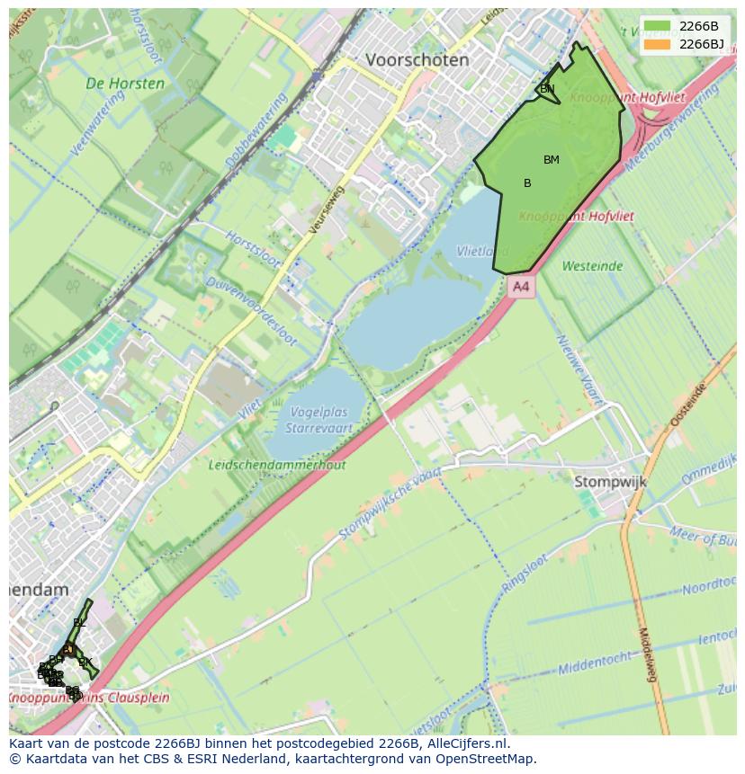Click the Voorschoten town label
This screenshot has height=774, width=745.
417,60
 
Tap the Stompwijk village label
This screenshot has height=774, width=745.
610,483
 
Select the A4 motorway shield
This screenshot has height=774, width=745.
519,287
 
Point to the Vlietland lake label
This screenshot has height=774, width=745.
477,252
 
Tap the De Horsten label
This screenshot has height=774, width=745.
125,84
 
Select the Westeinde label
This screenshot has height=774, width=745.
592,266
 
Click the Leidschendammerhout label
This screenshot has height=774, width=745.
276,465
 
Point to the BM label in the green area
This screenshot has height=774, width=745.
552,160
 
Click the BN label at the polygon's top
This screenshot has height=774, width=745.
547,89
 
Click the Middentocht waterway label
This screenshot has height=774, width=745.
597,663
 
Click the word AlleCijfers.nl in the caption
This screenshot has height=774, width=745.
464,743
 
